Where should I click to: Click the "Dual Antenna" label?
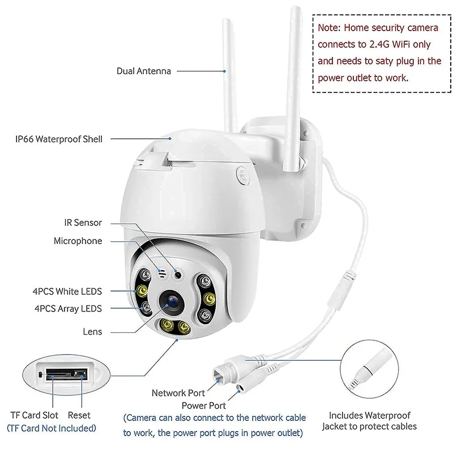click(143, 71)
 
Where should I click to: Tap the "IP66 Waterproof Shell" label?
click(59, 139)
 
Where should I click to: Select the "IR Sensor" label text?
click(83, 223)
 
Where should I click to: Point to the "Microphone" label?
click(78, 241)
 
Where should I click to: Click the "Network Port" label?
click(178, 392)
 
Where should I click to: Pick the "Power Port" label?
click(203, 405)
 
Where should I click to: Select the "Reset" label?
click(79, 415)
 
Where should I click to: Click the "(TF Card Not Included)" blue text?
click(51, 428)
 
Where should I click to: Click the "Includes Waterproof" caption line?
click(370, 416)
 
